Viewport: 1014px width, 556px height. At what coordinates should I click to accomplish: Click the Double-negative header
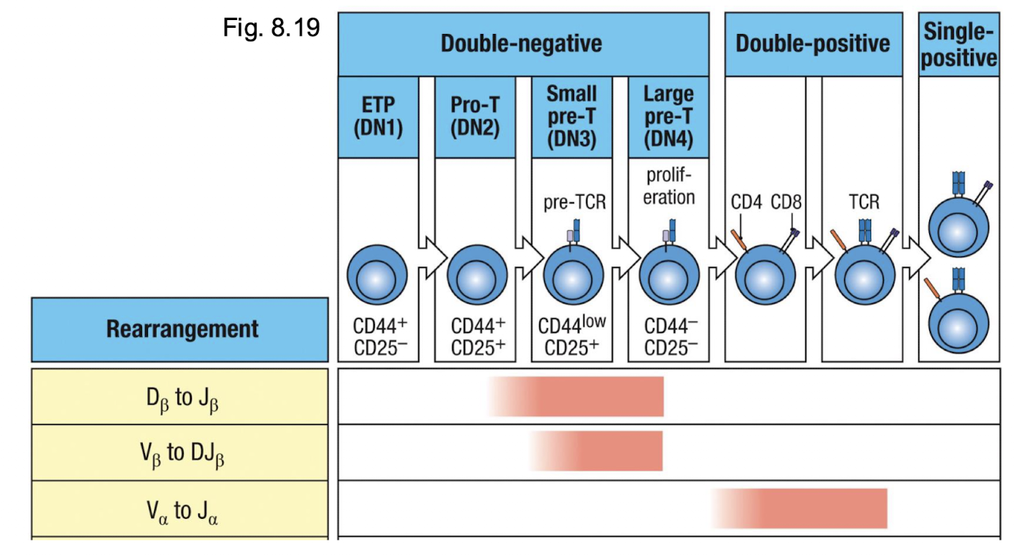(x=522, y=43)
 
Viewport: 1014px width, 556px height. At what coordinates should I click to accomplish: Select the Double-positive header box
(x=813, y=43)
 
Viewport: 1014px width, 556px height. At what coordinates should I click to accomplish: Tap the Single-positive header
(x=958, y=45)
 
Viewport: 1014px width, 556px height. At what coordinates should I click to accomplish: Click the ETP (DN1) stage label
(x=378, y=116)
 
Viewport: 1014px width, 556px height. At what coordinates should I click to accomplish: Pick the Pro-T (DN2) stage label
(x=475, y=116)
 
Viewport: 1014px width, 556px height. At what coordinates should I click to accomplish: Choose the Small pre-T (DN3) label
(x=571, y=116)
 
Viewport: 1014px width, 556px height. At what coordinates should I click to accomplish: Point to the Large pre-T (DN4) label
(x=668, y=116)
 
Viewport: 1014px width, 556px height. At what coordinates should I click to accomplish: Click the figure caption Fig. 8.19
(x=271, y=28)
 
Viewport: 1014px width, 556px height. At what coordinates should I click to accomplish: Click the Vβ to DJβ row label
(x=183, y=453)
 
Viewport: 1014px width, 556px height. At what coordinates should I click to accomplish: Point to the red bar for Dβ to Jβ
(x=594, y=396)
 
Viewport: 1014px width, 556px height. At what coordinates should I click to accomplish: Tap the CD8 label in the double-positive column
(x=786, y=203)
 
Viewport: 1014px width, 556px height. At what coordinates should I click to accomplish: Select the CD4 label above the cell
(x=746, y=203)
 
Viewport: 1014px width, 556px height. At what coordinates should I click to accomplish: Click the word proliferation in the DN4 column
(x=668, y=186)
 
